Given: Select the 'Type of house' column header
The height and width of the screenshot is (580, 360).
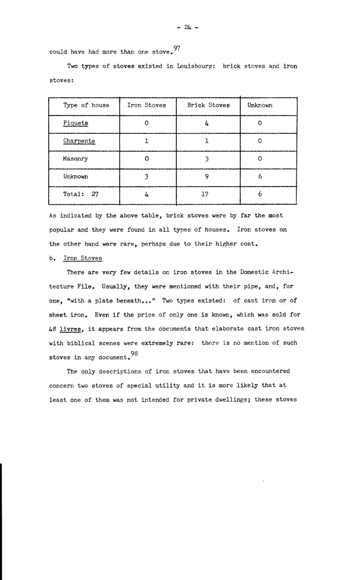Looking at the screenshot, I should point(86,105).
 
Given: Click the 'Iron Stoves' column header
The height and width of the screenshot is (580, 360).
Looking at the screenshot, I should point(146,105).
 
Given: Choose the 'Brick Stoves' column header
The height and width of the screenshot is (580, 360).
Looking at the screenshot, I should point(208,105).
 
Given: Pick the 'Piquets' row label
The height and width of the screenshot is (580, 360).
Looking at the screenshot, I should point(75,123).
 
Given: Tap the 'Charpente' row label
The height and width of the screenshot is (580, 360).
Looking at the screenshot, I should point(79,141).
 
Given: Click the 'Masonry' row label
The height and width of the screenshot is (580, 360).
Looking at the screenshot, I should point(76,159).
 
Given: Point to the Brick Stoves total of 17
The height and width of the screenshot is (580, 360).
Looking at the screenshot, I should point(207,195).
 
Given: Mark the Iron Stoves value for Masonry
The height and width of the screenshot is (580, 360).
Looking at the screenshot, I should point(146,159).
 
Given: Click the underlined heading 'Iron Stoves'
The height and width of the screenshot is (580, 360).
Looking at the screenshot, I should point(83,259).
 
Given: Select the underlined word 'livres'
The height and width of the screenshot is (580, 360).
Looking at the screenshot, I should point(72,329).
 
